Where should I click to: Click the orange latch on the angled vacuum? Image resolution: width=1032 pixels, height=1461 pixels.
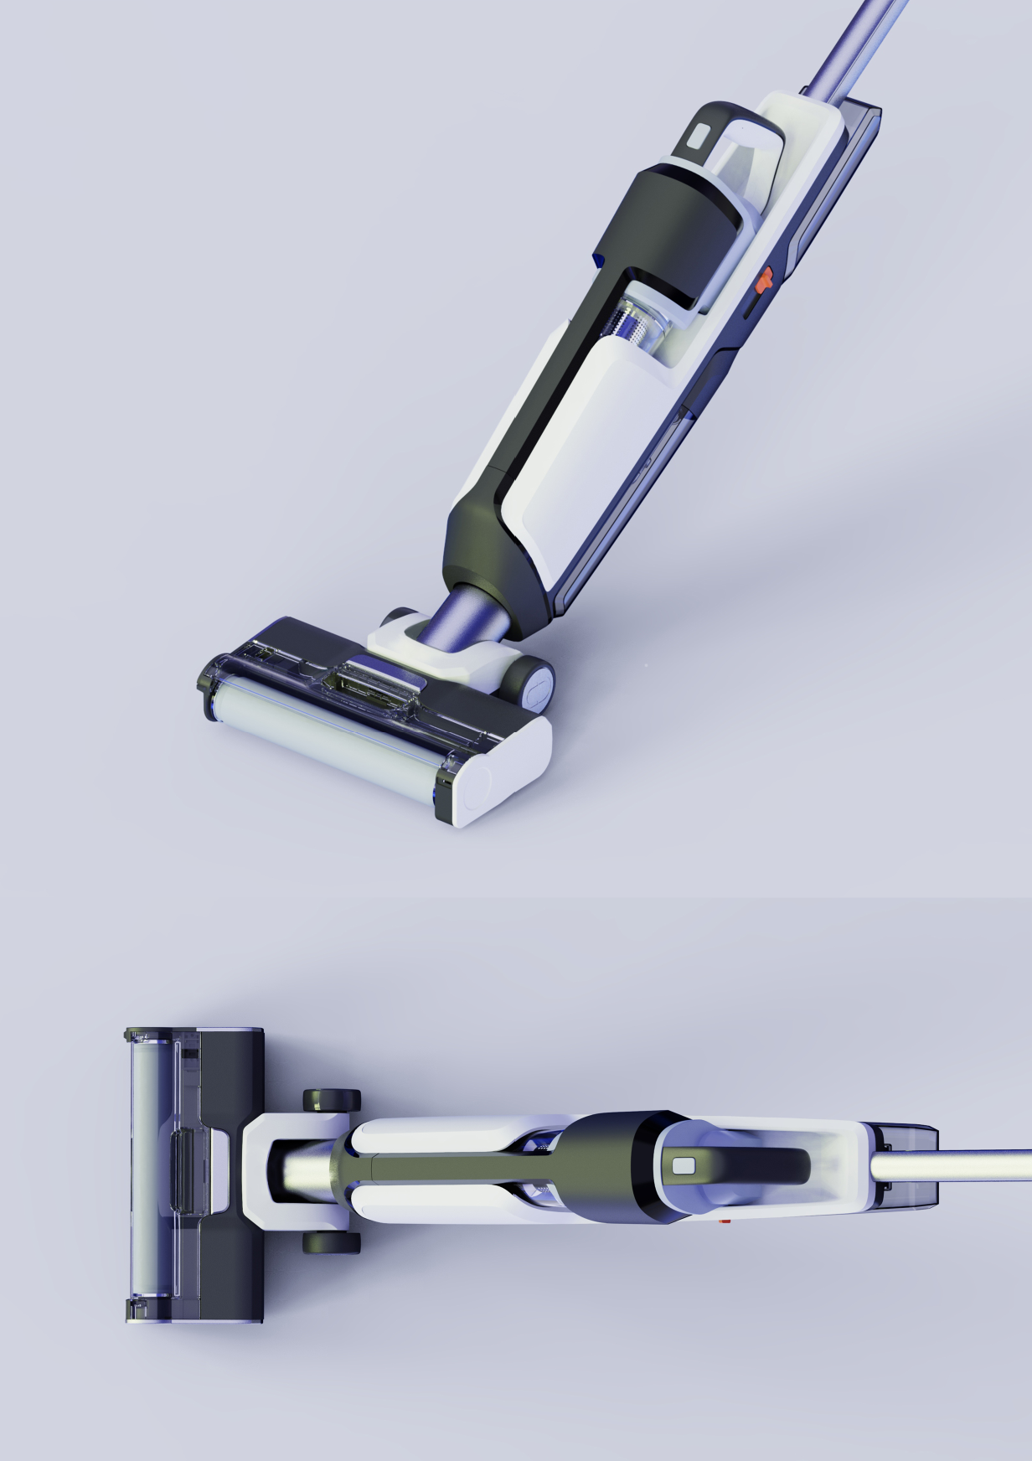pyautogui.click(x=763, y=281)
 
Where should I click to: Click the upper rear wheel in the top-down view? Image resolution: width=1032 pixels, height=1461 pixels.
pyautogui.click(x=332, y=1101)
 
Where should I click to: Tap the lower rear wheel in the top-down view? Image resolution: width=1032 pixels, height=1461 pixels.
pyautogui.click(x=332, y=1242)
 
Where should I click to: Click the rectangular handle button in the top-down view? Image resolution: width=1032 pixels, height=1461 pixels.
pyautogui.click(x=684, y=1166)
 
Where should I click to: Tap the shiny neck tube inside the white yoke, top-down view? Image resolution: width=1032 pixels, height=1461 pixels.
pyautogui.click(x=302, y=1171)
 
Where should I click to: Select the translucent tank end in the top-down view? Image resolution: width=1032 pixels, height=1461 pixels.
pyautogui.click(x=913, y=1168)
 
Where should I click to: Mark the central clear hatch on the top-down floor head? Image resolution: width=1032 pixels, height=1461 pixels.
pyautogui.click(x=186, y=1171)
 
